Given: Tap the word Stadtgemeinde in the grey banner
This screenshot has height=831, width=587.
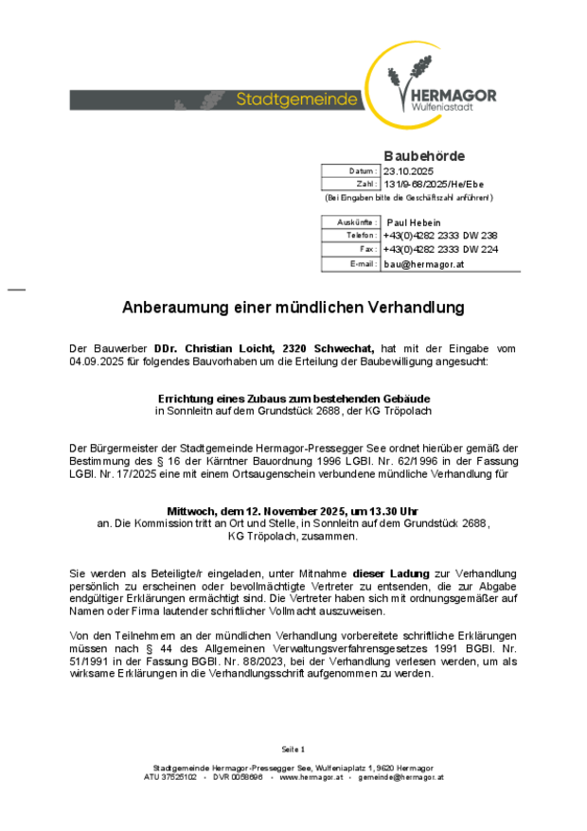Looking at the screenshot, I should coord(297,99).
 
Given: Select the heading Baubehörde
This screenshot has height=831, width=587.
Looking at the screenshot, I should coord(424,155).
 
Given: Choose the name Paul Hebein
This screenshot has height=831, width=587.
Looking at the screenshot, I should coord(414,221).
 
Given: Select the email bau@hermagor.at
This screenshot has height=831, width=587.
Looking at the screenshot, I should coord(423,264).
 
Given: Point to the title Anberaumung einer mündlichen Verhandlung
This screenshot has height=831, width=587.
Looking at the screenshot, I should coord(293,308).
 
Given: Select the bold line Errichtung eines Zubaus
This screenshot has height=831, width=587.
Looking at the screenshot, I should coord(293,399).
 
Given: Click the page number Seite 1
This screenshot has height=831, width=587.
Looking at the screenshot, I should coord(293,749).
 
